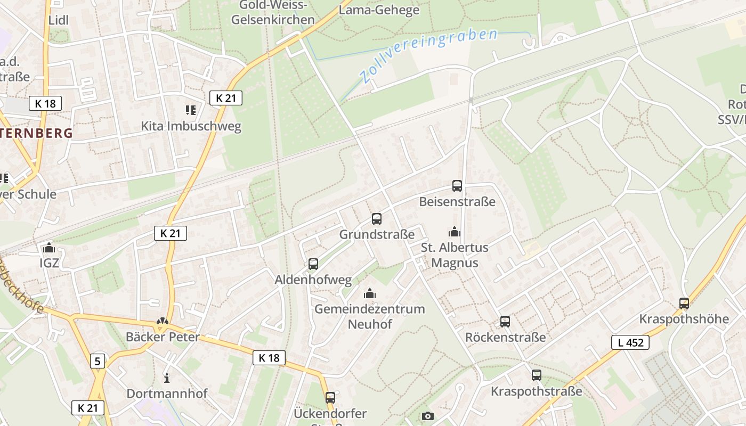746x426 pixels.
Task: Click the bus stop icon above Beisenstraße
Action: click(x=457, y=186)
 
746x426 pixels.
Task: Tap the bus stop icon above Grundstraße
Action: click(x=377, y=218)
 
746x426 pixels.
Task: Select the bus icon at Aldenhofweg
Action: click(x=313, y=264)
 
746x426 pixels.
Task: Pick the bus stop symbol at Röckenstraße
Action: click(x=505, y=322)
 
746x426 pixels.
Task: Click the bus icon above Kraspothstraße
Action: click(x=537, y=375)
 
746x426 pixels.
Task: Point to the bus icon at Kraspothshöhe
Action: click(x=684, y=304)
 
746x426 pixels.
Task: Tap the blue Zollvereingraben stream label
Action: click(x=428, y=55)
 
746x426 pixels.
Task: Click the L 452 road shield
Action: click(x=630, y=342)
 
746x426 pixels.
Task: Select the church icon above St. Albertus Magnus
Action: click(x=455, y=232)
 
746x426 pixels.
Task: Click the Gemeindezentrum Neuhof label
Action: click(x=370, y=316)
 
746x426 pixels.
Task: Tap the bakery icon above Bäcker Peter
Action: click(x=163, y=321)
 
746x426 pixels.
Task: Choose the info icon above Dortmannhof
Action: click(x=167, y=378)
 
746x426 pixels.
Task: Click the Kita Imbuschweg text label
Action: click(x=191, y=126)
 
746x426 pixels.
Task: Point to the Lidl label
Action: click(x=59, y=20)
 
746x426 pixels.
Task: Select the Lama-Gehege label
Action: click(x=379, y=10)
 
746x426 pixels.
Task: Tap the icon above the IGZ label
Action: click(x=49, y=248)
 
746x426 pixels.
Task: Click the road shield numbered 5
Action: click(x=97, y=361)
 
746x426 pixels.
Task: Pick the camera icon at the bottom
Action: click(x=428, y=416)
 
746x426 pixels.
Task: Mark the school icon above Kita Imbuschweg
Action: click(x=191, y=110)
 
